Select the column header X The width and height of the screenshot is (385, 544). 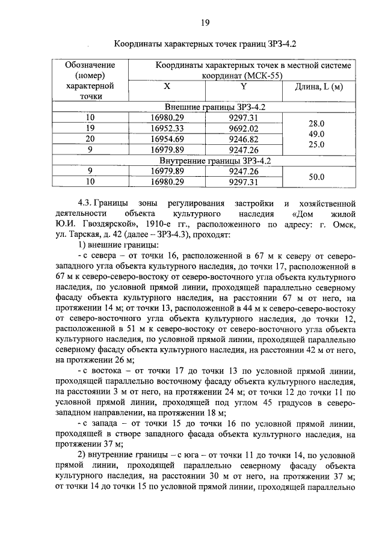167,87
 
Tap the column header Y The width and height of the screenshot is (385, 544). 244,87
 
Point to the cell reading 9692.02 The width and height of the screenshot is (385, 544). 244,128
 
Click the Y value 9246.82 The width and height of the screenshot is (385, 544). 244,139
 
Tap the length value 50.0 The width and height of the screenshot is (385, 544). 316,177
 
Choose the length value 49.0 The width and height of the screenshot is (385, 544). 316,133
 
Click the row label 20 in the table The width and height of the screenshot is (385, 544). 91,139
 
